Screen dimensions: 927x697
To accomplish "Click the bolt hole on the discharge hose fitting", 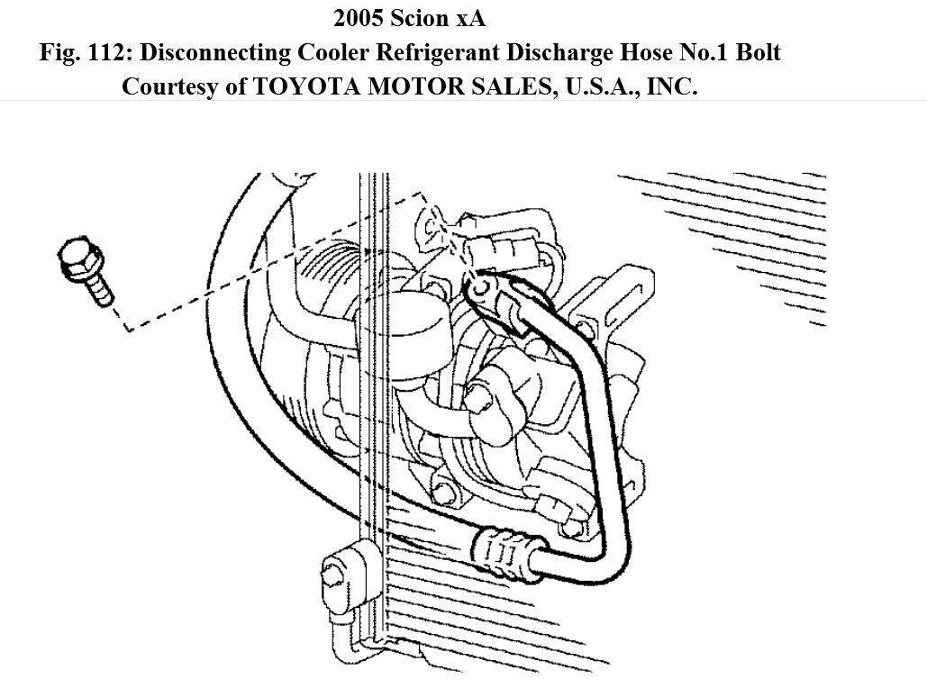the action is [479, 287].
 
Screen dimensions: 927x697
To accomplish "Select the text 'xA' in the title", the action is [469, 18].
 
